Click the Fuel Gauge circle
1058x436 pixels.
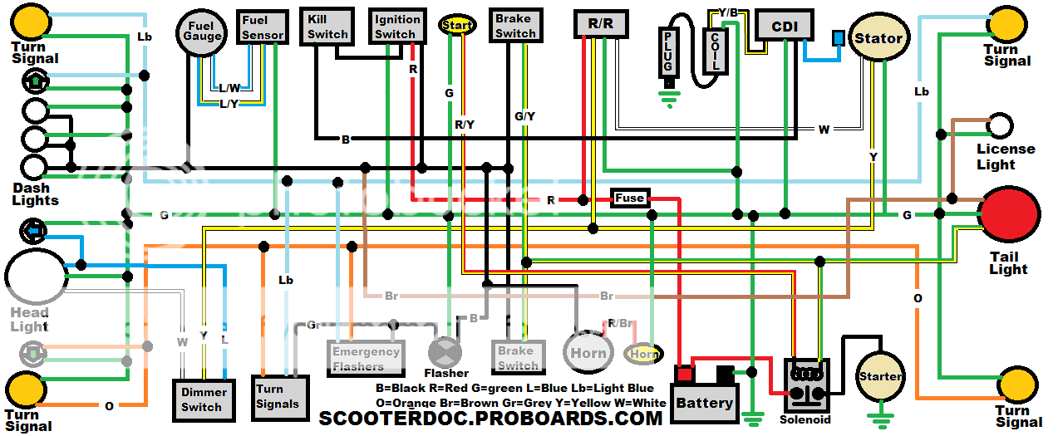coord(202,32)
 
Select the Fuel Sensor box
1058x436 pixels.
coord(263,27)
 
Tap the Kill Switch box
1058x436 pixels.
coord(327,27)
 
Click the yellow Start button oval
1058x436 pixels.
coord(457,25)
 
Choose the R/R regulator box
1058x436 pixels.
coord(600,24)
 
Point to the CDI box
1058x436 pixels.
coord(785,27)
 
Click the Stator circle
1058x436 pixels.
coord(878,38)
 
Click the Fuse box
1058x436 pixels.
coord(629,198)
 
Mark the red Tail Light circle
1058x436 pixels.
coord(1009,213)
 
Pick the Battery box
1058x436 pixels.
coord(705,403)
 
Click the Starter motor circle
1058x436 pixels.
coord(881,376)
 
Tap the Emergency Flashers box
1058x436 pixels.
coord(366,358)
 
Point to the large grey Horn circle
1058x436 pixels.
coord(588,352)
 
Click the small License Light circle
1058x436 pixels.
coord(1000,125)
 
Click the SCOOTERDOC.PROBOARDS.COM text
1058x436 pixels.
coord(490,418)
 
